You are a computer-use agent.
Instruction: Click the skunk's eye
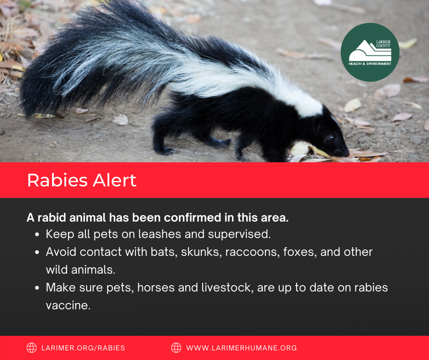330,137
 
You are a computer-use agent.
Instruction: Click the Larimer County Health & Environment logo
370,52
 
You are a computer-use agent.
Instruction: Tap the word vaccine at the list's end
68,305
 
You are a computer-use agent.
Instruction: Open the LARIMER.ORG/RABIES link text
84,348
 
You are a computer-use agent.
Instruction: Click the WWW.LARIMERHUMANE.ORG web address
241,348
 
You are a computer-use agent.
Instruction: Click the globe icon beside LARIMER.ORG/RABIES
31,348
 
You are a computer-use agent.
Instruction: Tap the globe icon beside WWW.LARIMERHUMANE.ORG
176,348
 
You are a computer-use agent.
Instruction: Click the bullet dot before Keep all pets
37,235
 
